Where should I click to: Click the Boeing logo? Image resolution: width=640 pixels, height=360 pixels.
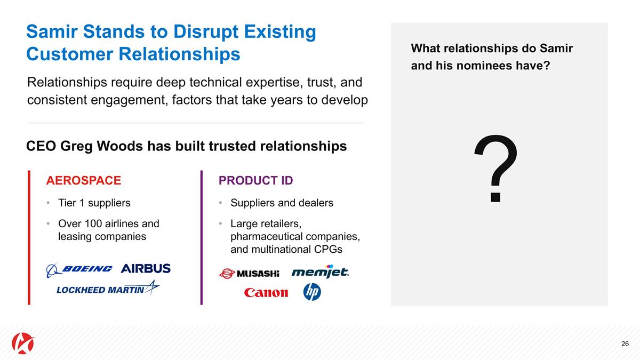pos(79,269)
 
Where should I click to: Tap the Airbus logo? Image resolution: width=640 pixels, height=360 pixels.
pos(146,268)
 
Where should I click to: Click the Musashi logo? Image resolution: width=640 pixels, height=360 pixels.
pos(250,274)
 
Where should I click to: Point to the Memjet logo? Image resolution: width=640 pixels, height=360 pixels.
pos(320,272)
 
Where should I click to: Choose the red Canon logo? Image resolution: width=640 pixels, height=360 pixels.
pos(266,292)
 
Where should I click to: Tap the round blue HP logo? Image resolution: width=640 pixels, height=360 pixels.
pos(312,292)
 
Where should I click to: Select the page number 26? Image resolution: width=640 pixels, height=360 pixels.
pos(625,343)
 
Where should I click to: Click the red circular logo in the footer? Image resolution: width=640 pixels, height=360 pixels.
pos(23,342)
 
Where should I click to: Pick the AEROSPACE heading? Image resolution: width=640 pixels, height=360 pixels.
pos(84,181)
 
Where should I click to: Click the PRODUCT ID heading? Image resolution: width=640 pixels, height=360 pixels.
pos(255,181)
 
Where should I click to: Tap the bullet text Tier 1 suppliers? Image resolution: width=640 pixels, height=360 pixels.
pos(94,203)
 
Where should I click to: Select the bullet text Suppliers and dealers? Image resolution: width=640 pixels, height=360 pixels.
pos(282,203)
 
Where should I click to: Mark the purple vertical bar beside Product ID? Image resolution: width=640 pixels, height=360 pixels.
pos(202,237)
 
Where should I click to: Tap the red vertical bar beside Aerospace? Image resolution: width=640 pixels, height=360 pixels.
pos(29,237)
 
